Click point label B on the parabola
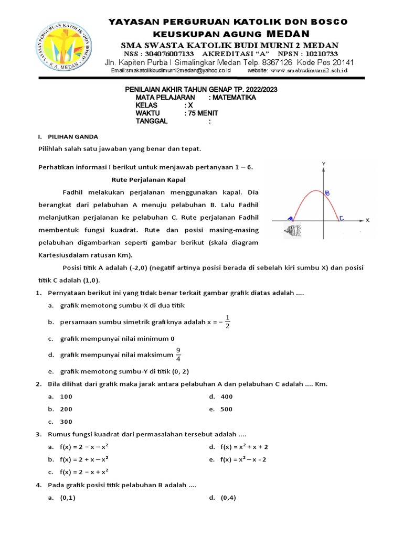coord(327,193)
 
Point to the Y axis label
coord(324,164)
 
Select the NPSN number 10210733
coord(315,54)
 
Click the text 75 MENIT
coord(201,113)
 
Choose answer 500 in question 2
coord(226,410)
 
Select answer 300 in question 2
coord(66,422)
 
